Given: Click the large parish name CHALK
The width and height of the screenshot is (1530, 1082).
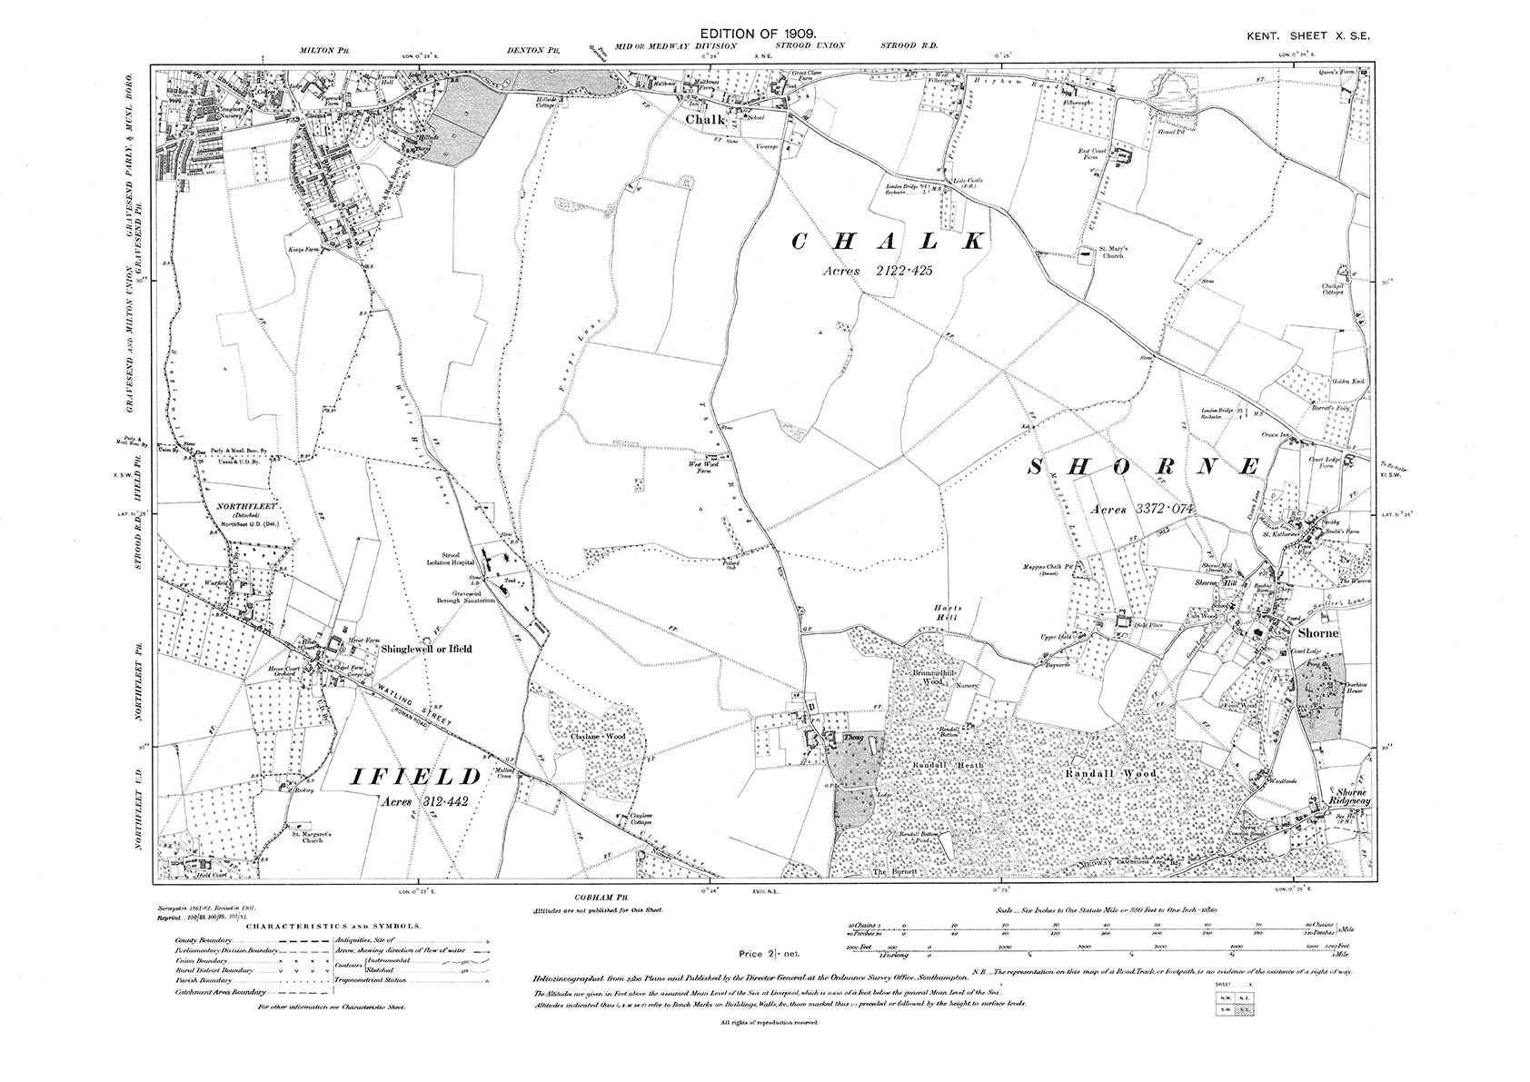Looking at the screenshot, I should pyautogui.click(x=888, y=241).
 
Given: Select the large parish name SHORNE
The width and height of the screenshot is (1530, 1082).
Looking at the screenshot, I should pyautogui.click(x=1145, y=468).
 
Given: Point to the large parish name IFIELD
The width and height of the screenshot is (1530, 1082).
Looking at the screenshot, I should pyautogui.click(x=415, y=777).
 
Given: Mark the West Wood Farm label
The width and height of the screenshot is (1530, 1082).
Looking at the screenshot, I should pyautogui.click(x=700, y=467).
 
